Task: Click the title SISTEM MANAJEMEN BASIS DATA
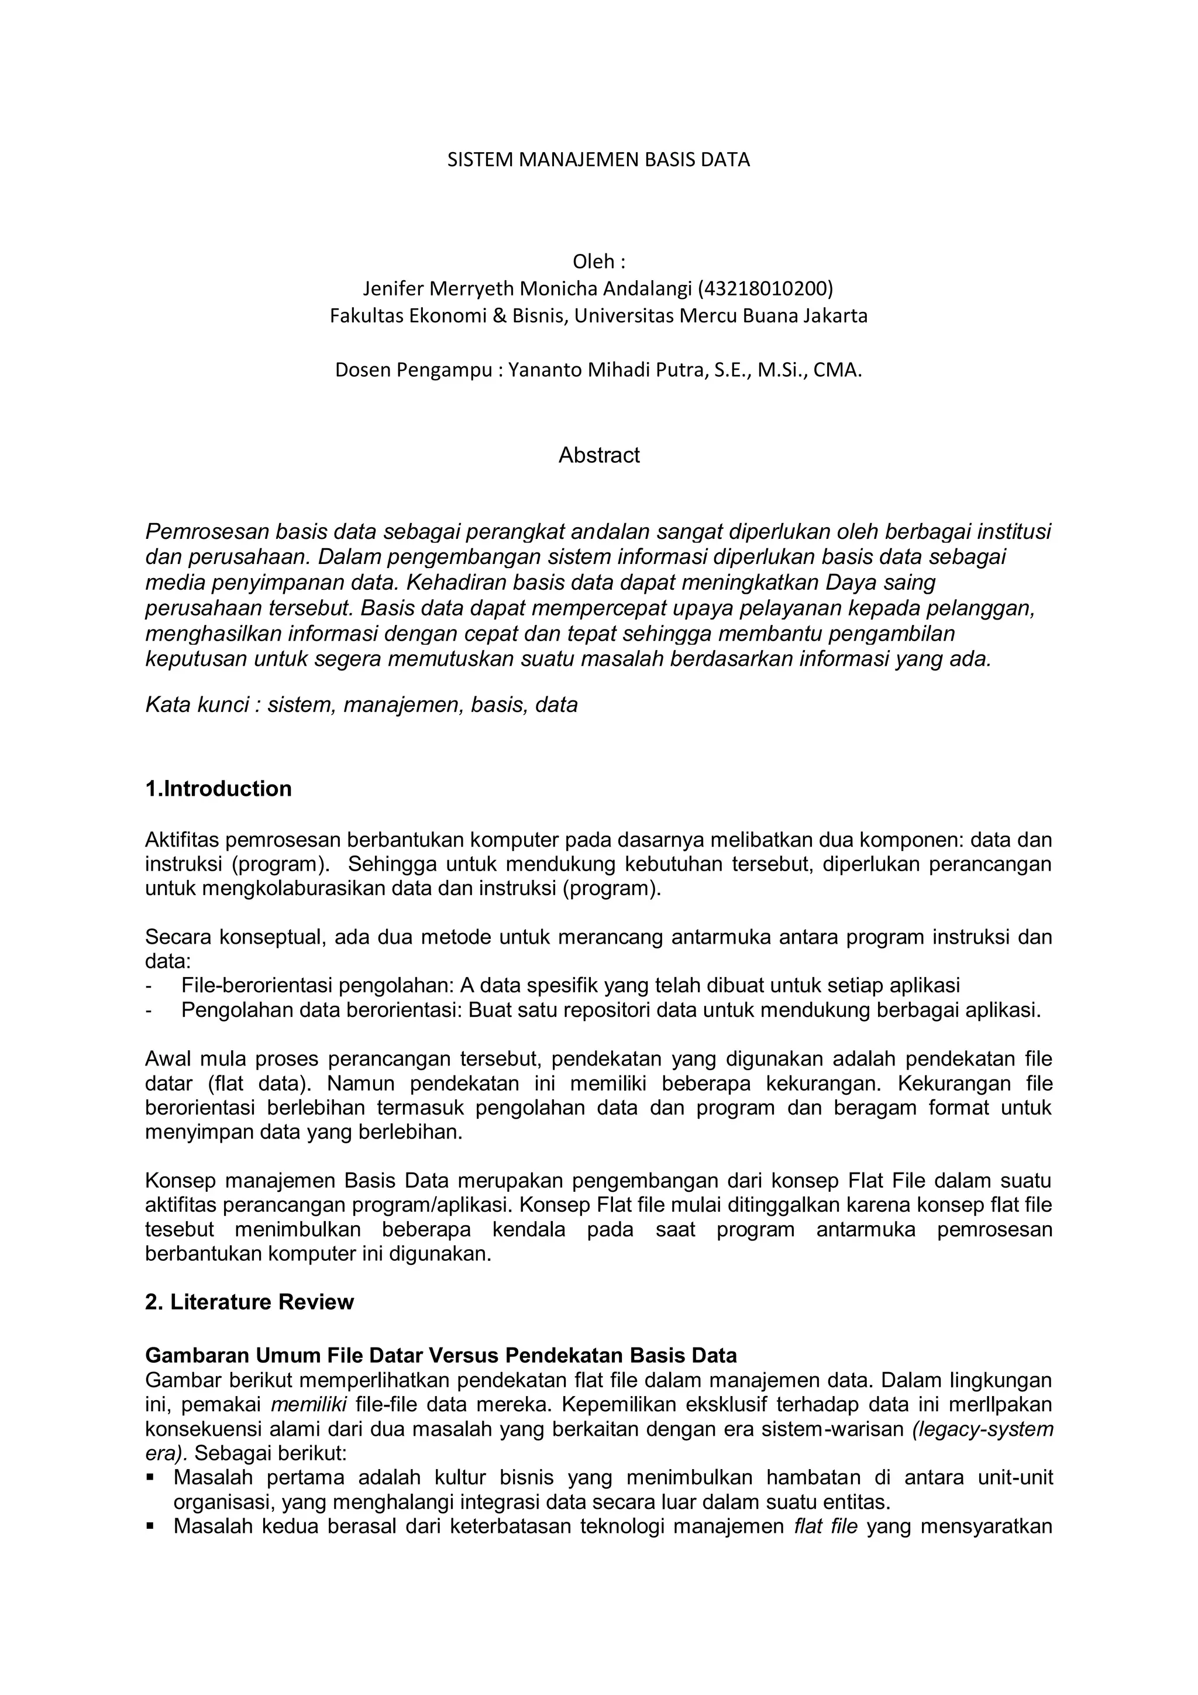pyautogui.click(x=598, y=160)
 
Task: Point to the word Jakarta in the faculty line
pyautogui.click(x=837, y=316)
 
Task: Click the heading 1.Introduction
pyautogui.click(x=219, y=789)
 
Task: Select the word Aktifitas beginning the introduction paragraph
pyautogui.click(x=181, y=840)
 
